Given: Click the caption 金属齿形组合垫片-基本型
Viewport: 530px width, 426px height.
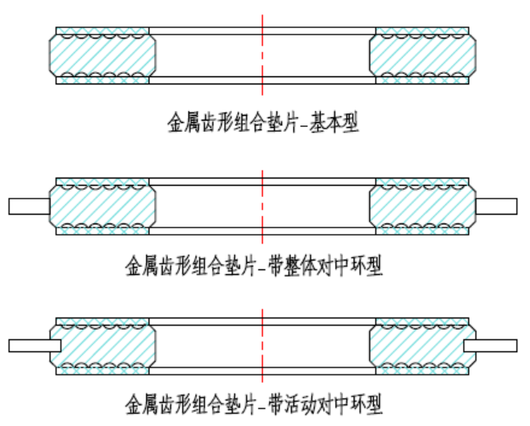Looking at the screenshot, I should pos(261,123).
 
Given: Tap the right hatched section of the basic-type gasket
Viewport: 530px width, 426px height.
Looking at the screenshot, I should pos(421,55).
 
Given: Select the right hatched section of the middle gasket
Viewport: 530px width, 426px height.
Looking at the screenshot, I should pos(421,206).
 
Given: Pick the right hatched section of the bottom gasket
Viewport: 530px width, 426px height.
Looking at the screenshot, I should pos(421,346).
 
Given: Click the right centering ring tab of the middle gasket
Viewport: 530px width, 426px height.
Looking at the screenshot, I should pos(495,207).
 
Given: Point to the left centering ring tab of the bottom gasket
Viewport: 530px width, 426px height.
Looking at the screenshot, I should pos(34,346).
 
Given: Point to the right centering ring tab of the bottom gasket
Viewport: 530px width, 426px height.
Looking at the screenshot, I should pos(491,346).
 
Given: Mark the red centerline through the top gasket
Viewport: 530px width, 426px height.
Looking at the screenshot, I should pos(262,55).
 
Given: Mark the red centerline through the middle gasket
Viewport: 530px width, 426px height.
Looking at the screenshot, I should pos(262,206).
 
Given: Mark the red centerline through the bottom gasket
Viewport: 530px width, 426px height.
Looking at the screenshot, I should pos(262,346).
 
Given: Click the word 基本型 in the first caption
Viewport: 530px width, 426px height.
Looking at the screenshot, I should pos(335,123).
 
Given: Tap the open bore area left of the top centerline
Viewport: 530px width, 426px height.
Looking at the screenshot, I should pos(206,55).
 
